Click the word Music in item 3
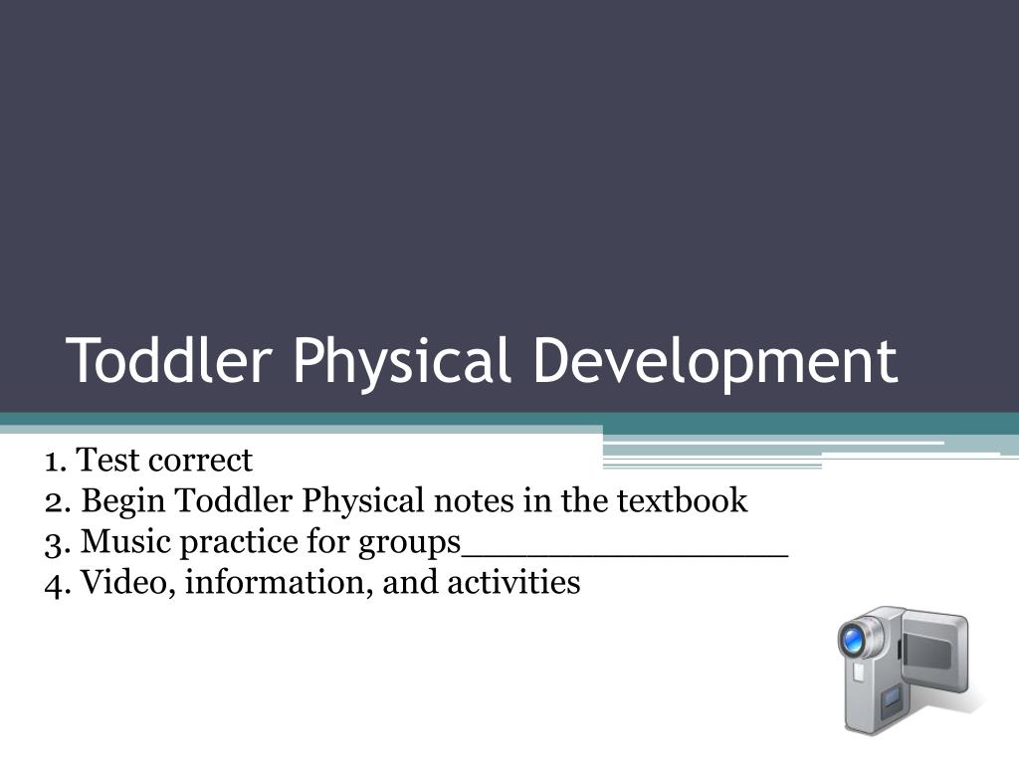(x=125, y=541)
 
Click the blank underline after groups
(x=625, y=556)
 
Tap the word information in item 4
(x=280, y=582)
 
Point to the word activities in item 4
(x=513, y=582)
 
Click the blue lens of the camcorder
(x=853, y=642)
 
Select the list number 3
(x=56, y=543)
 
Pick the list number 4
(x=56, y=583)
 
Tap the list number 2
(x=56, y=502)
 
